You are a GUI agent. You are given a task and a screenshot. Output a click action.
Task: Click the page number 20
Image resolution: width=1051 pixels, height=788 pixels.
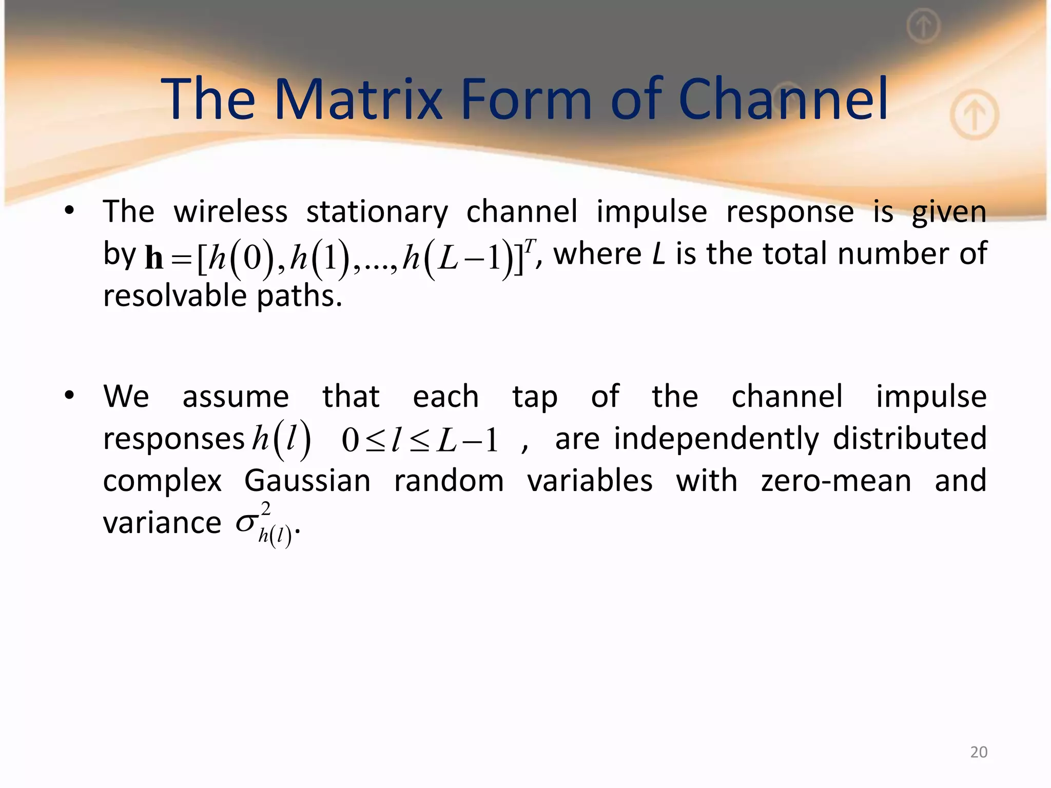[x=979, y=752]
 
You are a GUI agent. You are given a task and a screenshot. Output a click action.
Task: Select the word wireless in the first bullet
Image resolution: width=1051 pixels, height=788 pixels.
[x=230, y=211]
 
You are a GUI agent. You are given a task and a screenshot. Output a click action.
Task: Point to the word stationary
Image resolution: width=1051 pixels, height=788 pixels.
[x=377, y=212]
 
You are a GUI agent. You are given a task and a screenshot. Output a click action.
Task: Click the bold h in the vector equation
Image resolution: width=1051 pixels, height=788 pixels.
[x=154, y=257]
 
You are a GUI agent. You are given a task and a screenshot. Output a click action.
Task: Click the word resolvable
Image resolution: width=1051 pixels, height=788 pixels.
[x=175, y=296]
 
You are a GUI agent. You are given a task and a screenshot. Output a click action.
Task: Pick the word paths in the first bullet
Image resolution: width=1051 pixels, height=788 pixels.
[x=299, y=297]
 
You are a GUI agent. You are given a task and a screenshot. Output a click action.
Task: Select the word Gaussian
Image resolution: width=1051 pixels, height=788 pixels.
[x=307, y=481]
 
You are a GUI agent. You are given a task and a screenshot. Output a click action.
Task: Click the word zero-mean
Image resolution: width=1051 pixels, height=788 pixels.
[x=836, y=481]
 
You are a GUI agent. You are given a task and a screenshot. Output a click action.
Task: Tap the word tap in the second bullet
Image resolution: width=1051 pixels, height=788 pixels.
[x=534, y=398]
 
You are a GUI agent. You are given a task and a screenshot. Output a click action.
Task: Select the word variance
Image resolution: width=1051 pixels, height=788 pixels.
[x=162, y=523]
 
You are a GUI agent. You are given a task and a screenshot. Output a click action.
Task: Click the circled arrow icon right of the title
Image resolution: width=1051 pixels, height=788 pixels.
[x=974, y=115]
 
